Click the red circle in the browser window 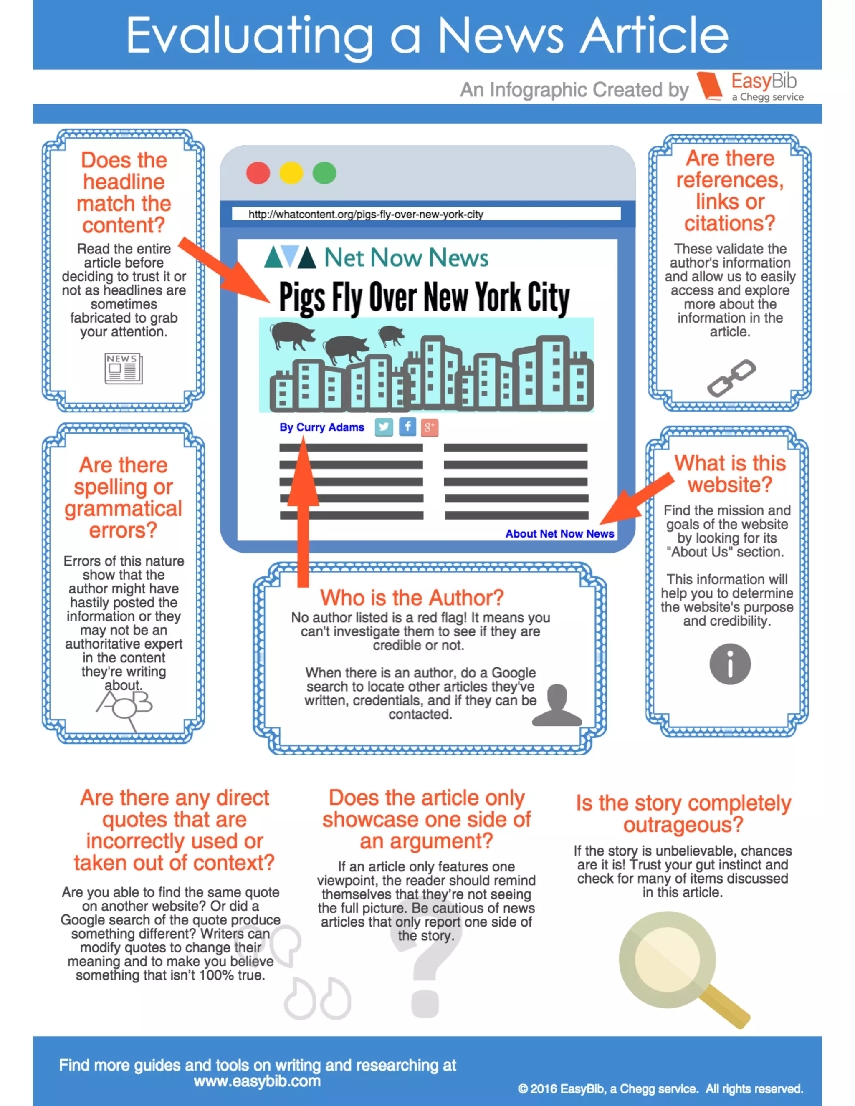point(258,173)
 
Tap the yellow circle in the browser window point(291,173)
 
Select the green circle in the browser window point(324,173)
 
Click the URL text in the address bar point(366,214)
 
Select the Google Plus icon point(429,427)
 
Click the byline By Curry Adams point(321,427)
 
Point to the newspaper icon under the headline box point(123,368)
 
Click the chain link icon point(731,378)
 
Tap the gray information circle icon point(729,664)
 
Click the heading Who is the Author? point(412,598)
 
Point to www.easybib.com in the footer point(257,1081)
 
